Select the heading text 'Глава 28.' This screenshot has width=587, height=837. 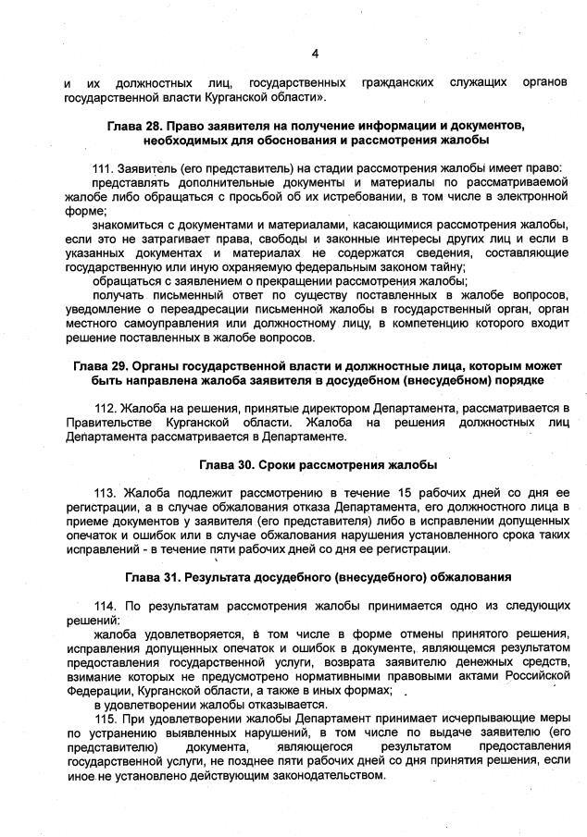coord(137,125)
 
